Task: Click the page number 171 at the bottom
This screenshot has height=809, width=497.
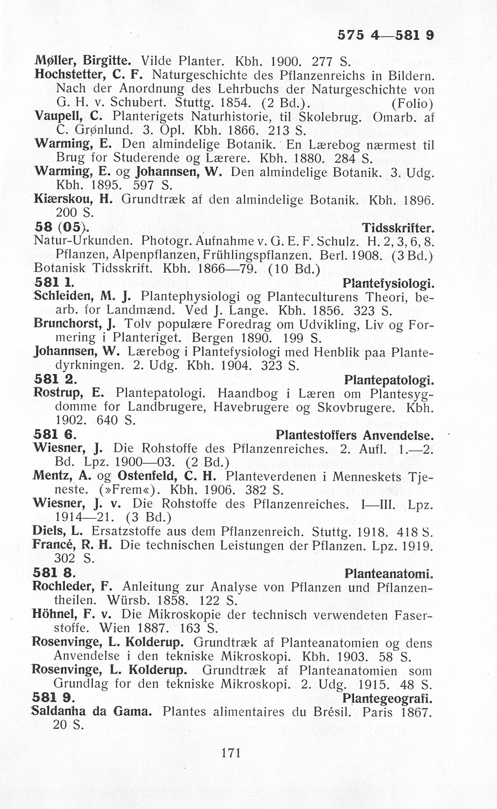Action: click(231, 752)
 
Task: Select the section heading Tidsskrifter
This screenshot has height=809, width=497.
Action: click(398, 228)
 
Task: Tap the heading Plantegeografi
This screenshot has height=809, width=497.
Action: click(388, 699)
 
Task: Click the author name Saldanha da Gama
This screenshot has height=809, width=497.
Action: click(92, 712)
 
